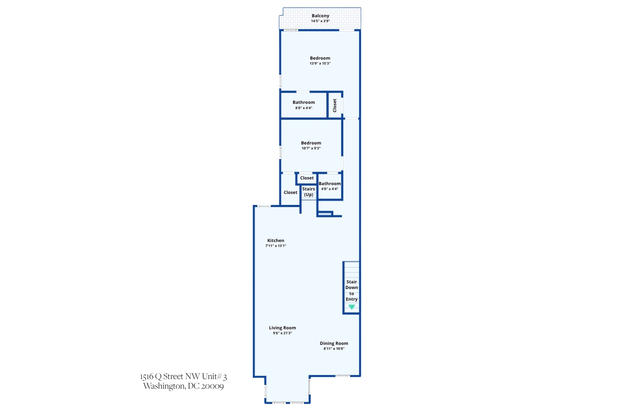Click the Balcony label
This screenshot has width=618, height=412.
click(x=320, y=16)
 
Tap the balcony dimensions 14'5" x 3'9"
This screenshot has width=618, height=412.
click(x=320, y=21)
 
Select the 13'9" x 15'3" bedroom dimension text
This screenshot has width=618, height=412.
click(x=320, y=64)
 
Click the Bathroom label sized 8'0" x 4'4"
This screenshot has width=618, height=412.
click(x=304, y=102)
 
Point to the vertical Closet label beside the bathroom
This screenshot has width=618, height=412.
click(x=335, y=105)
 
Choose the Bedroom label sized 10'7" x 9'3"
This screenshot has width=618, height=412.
click(x=311, y=143)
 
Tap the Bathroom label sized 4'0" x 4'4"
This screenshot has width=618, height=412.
click(x=330, y=184)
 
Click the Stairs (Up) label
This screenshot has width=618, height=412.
click(x=309, y=192)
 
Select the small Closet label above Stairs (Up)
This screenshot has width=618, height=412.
click(x=307, y=178)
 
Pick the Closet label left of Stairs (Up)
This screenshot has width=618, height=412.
click(x=290, y=193)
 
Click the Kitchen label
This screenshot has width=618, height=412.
click(x=276, y=241)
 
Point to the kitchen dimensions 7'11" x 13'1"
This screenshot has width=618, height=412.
click(x=276, y=246)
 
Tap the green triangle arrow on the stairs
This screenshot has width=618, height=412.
click(x=352, y=307)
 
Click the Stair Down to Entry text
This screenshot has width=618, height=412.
click(x=352, y=290)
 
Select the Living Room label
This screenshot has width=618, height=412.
click(x=282, y=328)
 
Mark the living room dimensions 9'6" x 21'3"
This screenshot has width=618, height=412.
click(x=282, y=333)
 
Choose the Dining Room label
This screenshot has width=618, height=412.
click(x=334, y=343)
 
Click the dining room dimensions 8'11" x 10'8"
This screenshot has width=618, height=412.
click(x=334, y=348)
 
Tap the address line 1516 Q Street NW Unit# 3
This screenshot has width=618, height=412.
click(x=183, y=377)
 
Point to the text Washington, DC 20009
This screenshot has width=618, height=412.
click(x=183, y=386)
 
